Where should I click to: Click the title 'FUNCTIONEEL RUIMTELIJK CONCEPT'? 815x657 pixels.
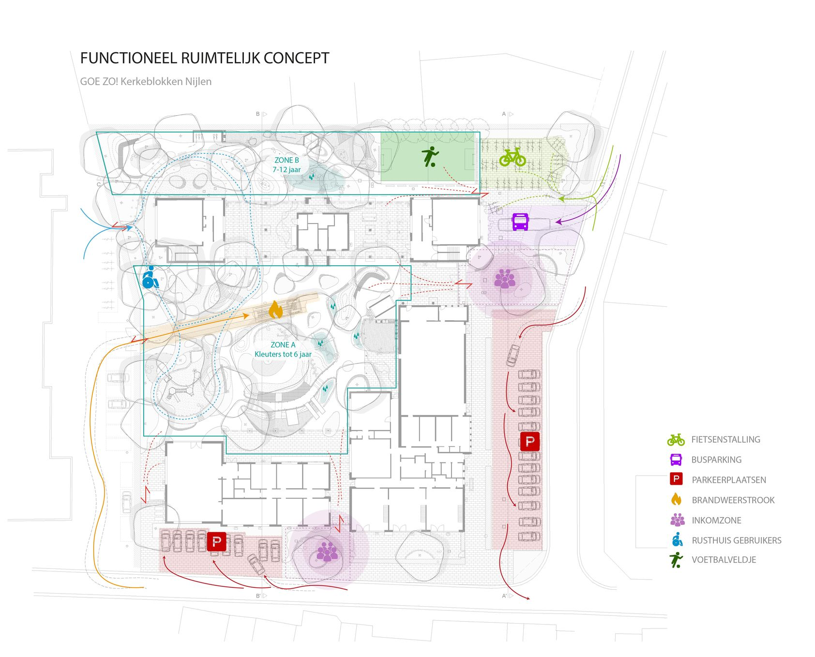(x=204, y=58)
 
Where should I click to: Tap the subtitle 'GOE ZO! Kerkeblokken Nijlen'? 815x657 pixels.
(x=146, y=81)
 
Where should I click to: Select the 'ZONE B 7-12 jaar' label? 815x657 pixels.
(x=287, y=164)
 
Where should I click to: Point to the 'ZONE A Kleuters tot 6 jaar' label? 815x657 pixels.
(x=283, y=349)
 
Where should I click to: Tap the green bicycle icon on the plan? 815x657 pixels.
(x=513, y=157)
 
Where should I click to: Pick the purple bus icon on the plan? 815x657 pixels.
(x=520, y=222)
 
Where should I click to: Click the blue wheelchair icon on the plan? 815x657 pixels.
(x=150, y=278)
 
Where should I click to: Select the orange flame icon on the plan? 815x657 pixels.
(x=275, y=310)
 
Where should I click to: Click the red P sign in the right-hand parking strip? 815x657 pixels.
(x=529, y=441)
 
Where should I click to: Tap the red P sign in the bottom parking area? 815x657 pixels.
(x=216, y=541)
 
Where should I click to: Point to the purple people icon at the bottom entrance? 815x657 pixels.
(x=327, y=552)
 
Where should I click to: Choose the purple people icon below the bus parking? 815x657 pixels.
(x=505, y=279)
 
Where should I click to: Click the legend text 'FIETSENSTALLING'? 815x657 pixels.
(x=725, y=439)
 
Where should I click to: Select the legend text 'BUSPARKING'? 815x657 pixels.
(x=716, y=460)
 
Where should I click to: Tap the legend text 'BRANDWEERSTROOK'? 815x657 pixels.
(x=733, y=500)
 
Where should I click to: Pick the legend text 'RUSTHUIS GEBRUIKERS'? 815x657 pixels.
(x=736, y=540)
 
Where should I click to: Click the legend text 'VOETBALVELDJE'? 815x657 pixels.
(x=724, y=560)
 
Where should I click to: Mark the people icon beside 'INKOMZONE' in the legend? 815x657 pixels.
(x=677, y=520)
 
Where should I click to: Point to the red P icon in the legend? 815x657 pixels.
(x=676, y=479)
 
